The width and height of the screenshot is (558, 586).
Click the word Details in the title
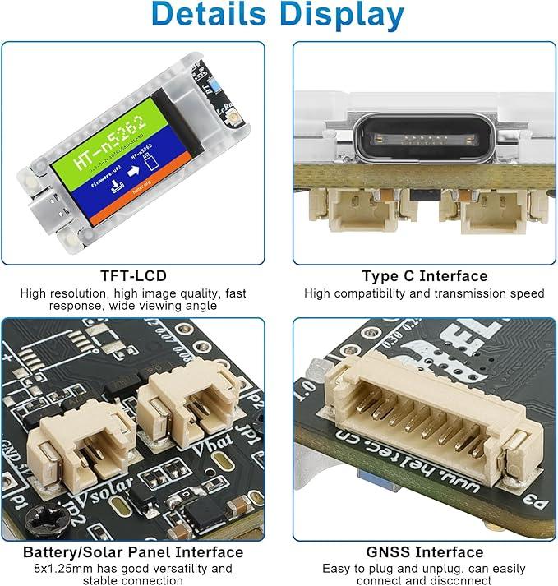(211, 16)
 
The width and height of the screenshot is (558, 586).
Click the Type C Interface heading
(424, 276)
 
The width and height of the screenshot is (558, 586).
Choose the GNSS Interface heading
(424, 551)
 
